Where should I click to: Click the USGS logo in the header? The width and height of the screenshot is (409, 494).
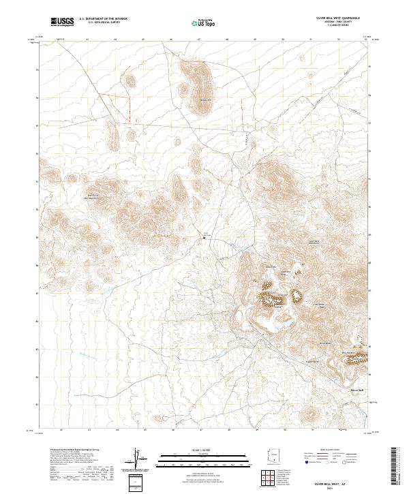coord(61,22)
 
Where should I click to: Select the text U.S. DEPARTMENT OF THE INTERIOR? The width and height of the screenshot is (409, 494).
coord(103,18)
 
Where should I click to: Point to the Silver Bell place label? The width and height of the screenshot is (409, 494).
coord(358,390)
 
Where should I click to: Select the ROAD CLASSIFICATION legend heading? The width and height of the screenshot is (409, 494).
coord(333,450)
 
